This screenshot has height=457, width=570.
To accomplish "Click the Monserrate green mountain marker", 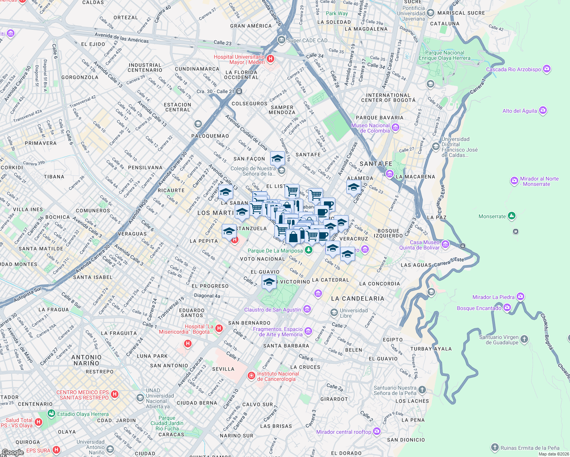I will click(512, 216).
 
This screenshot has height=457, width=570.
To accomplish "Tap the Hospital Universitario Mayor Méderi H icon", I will click(271, 59).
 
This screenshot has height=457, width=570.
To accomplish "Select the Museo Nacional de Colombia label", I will click(371, 128).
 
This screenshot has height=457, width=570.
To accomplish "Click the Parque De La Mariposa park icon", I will click(309, 250).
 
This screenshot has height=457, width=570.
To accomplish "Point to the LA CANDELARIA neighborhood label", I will click(357, 299).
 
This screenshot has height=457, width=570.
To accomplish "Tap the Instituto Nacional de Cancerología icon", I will click(251, 376).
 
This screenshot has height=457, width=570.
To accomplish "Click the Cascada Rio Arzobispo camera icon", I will click(547, 69).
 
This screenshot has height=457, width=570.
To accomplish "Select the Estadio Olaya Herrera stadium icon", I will click(51, 414).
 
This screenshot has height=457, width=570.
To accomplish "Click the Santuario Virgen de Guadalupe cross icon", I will click(524, 339).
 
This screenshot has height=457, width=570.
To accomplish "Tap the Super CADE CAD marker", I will click(281, 40).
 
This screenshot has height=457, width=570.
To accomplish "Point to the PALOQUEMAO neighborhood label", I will click(210, 136).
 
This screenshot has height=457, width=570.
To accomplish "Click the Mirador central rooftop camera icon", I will click(377, 431).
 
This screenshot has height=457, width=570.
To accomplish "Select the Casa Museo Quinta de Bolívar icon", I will click(445, 244).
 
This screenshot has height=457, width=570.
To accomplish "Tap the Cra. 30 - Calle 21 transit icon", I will click(239, 91).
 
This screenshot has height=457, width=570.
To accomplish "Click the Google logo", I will click(13, 452).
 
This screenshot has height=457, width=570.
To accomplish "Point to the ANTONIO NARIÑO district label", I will click(86, 360).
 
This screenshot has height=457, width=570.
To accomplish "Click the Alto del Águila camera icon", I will click(543, 111).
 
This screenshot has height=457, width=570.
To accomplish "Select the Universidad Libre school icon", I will click(334, 313).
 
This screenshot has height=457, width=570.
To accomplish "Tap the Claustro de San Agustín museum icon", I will click(307, 309).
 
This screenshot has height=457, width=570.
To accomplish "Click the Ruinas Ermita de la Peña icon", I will click(495, 447).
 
